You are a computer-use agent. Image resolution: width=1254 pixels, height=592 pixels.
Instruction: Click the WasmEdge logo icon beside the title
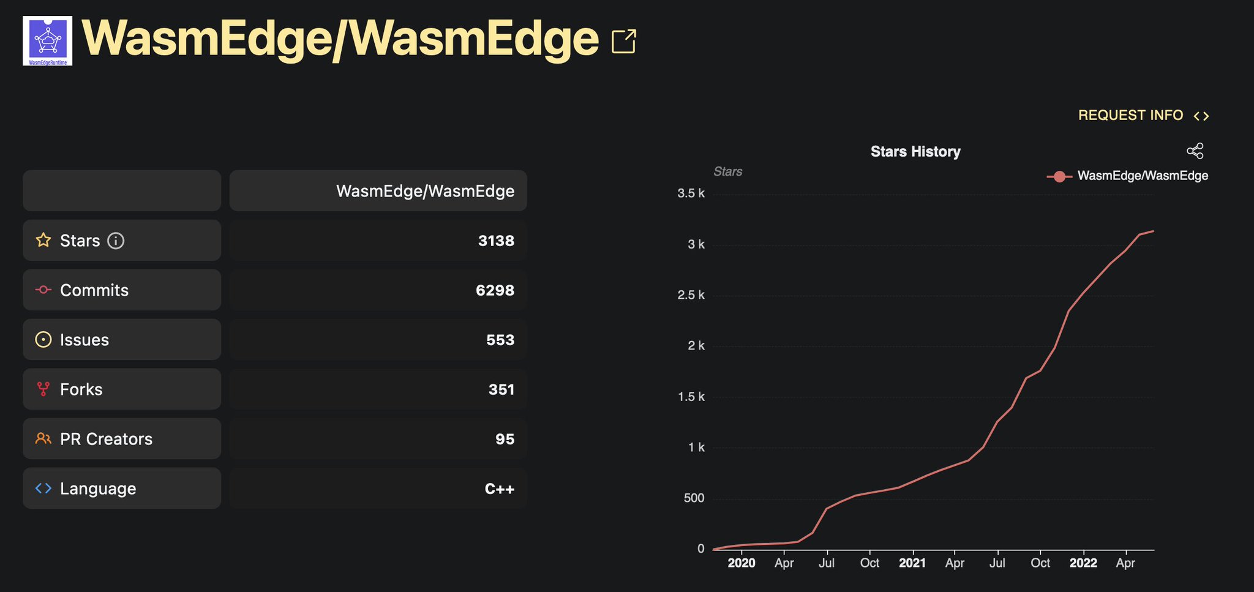pos(47,40)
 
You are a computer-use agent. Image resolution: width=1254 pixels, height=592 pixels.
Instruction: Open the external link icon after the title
pos(624,42)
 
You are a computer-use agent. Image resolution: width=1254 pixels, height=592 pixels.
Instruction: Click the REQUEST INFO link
pos(1130,115)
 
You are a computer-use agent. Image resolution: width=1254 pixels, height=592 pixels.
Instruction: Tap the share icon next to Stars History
pos(1195,151)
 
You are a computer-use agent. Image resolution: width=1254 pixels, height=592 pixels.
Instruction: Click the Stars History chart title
pos(915,151)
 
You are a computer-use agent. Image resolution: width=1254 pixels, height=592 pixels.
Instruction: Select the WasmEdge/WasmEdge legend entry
pos(1128,176)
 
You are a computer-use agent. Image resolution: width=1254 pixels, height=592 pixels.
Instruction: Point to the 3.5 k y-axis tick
pos(691,193)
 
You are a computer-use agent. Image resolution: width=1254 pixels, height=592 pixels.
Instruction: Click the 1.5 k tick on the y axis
pos(691,397)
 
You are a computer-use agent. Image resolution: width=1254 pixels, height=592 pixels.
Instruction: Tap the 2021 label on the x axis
pos(912,563)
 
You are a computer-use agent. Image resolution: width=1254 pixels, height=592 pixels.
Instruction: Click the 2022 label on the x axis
pos(1083,563)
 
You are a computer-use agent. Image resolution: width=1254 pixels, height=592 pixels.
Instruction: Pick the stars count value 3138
pos(496,241)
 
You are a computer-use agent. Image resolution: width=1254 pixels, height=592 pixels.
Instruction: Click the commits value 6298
pos(495,290)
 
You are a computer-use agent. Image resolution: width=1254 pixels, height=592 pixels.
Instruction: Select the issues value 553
pos(500,340)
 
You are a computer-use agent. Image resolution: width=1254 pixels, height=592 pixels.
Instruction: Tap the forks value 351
pos(501,389)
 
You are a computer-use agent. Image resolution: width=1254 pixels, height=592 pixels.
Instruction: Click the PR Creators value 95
pos(505,439)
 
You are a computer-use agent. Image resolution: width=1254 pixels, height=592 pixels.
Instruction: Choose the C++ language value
pos(499,489)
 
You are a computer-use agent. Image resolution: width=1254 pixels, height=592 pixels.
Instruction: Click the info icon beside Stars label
pos(116,241)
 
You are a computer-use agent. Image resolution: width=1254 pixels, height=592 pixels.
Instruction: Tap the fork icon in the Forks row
pos(43,389)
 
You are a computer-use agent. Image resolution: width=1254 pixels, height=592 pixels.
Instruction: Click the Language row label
pos(98,489)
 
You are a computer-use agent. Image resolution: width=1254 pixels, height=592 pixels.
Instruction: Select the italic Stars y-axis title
pos(727,172)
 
